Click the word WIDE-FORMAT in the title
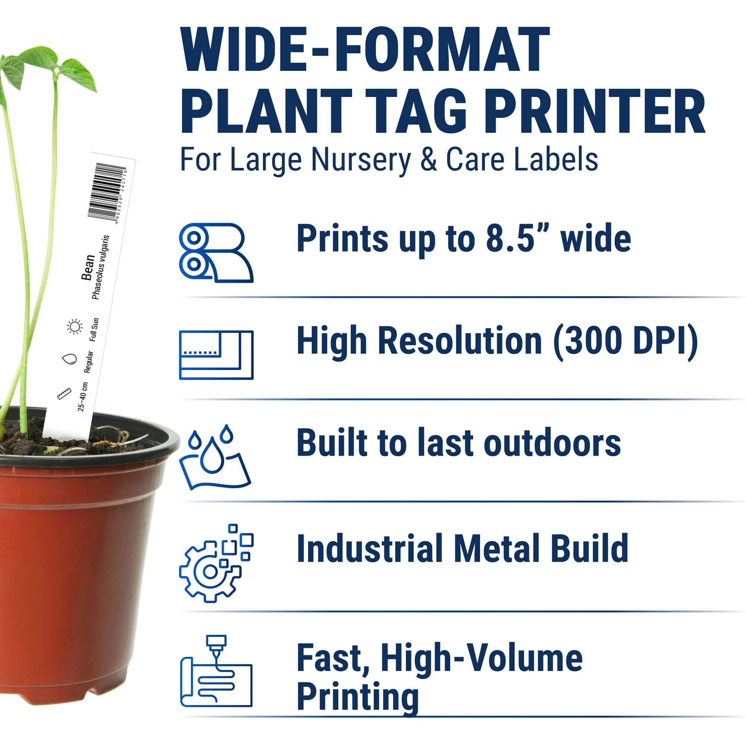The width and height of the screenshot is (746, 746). (x=365, y=50)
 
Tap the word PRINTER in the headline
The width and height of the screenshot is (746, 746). (x=595, y=112)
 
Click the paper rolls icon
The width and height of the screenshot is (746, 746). (x=216, y=253)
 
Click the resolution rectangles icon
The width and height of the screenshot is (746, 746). (x=216, y=355)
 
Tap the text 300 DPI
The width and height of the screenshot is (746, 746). (x=625, y=341)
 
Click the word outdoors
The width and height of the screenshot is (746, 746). (x=552, y=443)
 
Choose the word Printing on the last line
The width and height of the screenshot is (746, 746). (x=357, y=697)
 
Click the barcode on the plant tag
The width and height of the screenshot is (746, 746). (x=106, y=191)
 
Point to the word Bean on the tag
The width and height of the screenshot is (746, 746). (x=88, y=267)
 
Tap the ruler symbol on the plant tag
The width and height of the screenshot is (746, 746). (x=64, y=394)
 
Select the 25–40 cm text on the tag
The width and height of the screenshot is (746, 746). (x=83, y=397)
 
